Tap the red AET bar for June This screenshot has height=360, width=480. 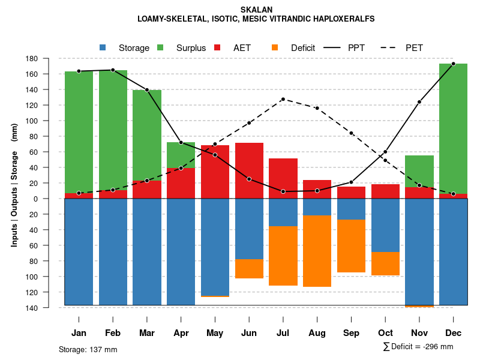(249, 170)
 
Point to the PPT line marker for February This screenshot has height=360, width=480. (113, 70)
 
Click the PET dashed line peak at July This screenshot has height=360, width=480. (283, 99)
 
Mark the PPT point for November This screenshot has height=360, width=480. (419, 102)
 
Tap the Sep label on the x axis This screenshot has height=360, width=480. (351, 333)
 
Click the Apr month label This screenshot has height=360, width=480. (181, 333)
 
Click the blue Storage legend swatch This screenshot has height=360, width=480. (103, 48)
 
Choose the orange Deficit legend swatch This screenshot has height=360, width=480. (275, 48)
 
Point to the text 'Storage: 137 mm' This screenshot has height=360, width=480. (88, 349)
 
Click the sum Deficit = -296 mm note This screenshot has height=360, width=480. (418, 347)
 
